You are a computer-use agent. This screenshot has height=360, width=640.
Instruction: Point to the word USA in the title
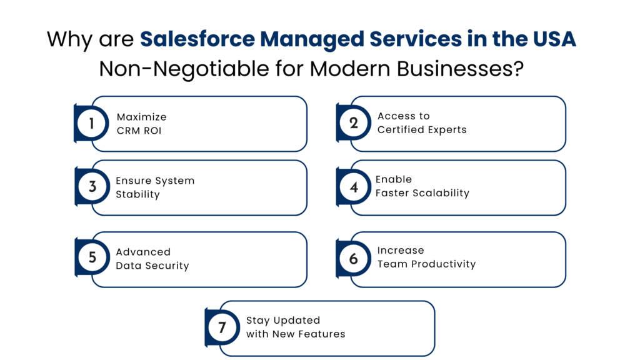(x=553, y=39)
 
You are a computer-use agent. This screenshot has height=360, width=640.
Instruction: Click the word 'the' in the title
(x=506, y=39)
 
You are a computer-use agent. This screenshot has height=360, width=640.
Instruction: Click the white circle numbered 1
(x=92, y=123)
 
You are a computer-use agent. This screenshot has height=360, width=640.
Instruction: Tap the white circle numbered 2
(x=353, y=123)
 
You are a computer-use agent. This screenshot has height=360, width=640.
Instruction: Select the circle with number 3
(x=92, y=187)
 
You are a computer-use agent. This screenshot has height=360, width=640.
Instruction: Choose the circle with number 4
(x=353, y=187)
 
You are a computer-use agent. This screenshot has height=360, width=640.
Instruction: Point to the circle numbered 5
(x=92, y=257)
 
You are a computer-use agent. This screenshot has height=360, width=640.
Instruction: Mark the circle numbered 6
(x=353, y=258)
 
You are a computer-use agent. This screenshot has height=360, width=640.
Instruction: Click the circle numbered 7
(x=222, y=327)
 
